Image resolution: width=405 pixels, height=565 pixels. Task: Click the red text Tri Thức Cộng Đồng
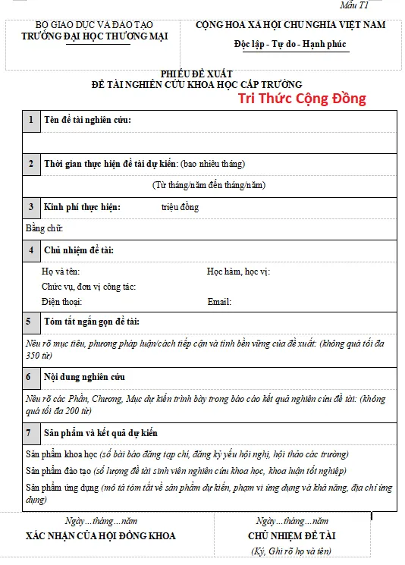coord(302,98)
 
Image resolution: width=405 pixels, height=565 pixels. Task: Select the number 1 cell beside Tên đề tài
coord(31,121)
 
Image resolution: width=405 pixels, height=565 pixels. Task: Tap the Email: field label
coord(219,302)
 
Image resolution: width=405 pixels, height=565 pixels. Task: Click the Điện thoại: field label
coord(62,302)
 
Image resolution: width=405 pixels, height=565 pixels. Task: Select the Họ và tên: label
coord(61,271)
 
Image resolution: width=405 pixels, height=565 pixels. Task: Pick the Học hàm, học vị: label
coord(238,271)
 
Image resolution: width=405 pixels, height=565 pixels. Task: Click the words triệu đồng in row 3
coord(181,207)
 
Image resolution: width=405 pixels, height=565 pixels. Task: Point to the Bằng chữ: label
coord(44,228)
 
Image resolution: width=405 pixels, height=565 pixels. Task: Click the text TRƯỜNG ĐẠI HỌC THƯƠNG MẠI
coord(95,36)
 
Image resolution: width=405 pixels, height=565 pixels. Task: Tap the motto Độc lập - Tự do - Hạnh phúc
coord(290,44)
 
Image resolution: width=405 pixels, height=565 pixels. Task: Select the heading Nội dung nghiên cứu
coord(84,377)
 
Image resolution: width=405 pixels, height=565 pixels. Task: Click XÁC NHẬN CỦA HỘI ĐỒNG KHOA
coord(100,536)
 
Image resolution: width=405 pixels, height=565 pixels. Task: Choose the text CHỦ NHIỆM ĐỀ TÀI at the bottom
coord(292,536)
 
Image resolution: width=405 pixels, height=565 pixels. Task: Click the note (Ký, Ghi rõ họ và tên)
coord(291,551)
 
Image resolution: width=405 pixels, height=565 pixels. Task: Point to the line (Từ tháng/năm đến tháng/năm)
coord(209,184)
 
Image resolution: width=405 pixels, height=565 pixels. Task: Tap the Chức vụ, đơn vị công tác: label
coord(89,287)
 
